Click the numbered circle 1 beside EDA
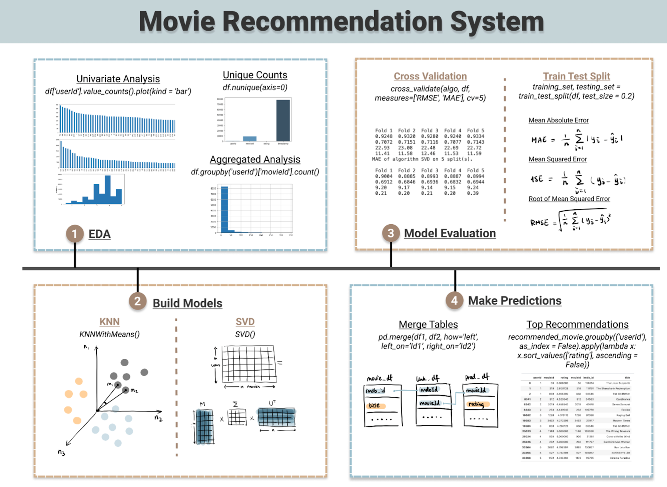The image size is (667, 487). pyautogui.click(x=75, y=234)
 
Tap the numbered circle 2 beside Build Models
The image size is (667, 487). pyautogui.click(x=137, y=301)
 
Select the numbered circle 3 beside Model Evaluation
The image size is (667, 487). pyautogui.click(x=391, y=233)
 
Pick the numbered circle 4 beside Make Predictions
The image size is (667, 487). pyautogui.click(x=454, y=300)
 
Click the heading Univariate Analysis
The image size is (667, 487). pyautogui.click(x=118, y=79)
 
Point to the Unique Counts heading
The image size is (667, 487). pyautogui.click(x=255, y=75)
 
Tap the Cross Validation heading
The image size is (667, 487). pyautogui.click(x=430, y=76)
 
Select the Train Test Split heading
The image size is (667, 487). pyautogui.click(x=577, y=76)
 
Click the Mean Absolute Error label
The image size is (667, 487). pyautogui.click(x=558, y=120)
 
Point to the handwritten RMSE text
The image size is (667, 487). pyautogui.click(x=539, y=223)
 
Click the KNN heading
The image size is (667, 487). pyautogui.click(x=109, y=322)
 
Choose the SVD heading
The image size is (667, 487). pyautogui.click(x=245, y=322)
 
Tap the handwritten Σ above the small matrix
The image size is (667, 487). pyautogui.click(x=235, y=404)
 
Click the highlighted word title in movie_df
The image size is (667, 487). pyautogui.click(x=374, y=406)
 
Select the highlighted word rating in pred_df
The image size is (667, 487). pyautogui.click(x=476, y=404)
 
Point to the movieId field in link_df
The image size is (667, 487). pyautogui.click(x=430, y=403)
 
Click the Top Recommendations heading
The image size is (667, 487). pyautogui.click(x=577, y=324)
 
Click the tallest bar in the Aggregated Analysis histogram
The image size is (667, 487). pyautogui.click(x=224, y=209)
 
